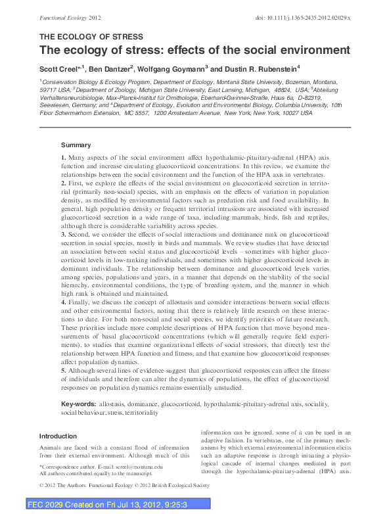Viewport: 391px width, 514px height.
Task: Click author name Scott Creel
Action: click(x=57, y=68)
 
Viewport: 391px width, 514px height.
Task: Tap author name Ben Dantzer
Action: click(x=109, y=68)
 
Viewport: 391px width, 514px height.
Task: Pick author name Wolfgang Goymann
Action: click(x=173, y=68)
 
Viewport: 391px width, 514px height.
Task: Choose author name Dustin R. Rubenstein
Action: click(x=258, y=68)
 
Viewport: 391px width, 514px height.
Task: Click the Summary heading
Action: click(x=76, y=145)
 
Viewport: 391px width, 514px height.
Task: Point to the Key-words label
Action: click(x=79, y=402)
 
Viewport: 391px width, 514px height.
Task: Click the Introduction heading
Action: click(x=58, y=436)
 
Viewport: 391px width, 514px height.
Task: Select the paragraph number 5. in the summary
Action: click(x=64, y=370)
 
